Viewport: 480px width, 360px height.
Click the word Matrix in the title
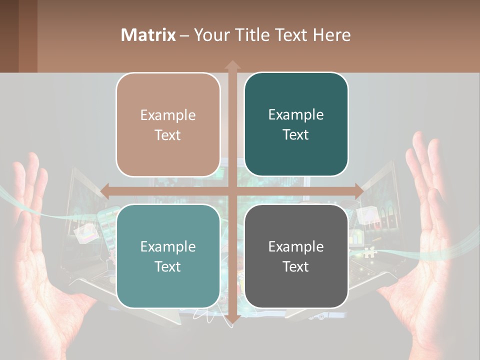pos(148,35)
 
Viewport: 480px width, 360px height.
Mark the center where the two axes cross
pos(232,191)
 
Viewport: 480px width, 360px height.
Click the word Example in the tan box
pos(168,115)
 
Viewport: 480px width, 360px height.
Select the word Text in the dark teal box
pos(296,135)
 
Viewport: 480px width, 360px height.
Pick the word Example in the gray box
pos(296,246)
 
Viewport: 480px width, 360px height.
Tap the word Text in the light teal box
pos(168,266)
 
